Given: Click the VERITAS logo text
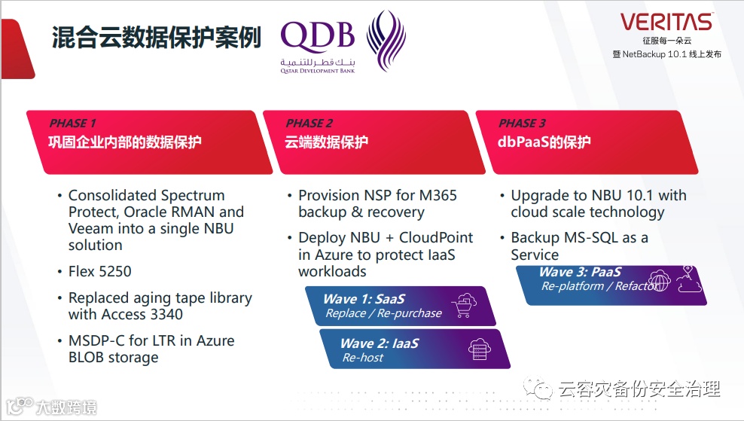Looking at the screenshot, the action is click(x=666, y=21).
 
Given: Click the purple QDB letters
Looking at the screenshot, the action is click(x=317, y=36).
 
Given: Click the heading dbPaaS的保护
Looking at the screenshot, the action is click(x=544, y=142).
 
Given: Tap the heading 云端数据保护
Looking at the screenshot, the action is click(x=327, y=142).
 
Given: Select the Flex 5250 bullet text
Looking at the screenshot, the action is click(x=100, y=271).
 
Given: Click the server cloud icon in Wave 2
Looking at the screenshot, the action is click(x=478, y=349).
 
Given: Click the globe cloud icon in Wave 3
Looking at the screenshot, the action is click(x=659, y=280).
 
